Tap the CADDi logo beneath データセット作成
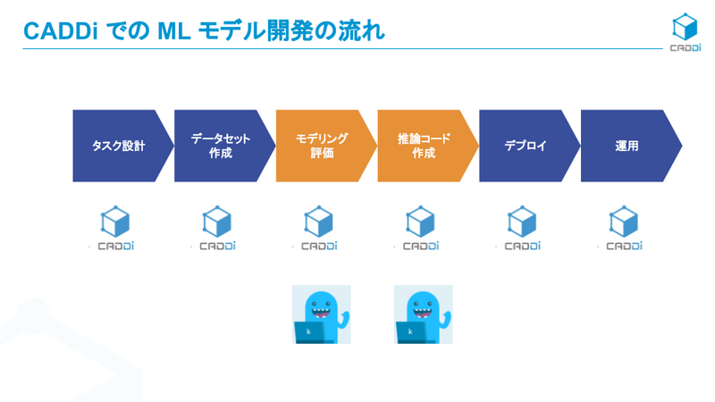[217, 229]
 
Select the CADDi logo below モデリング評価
[319, 229]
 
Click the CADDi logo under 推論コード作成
[421, 229]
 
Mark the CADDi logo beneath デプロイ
[523, 229]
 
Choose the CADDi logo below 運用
[624, 229]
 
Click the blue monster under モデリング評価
[322, 314]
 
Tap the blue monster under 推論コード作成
[423, 314]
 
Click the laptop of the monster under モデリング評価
[310, 332]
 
